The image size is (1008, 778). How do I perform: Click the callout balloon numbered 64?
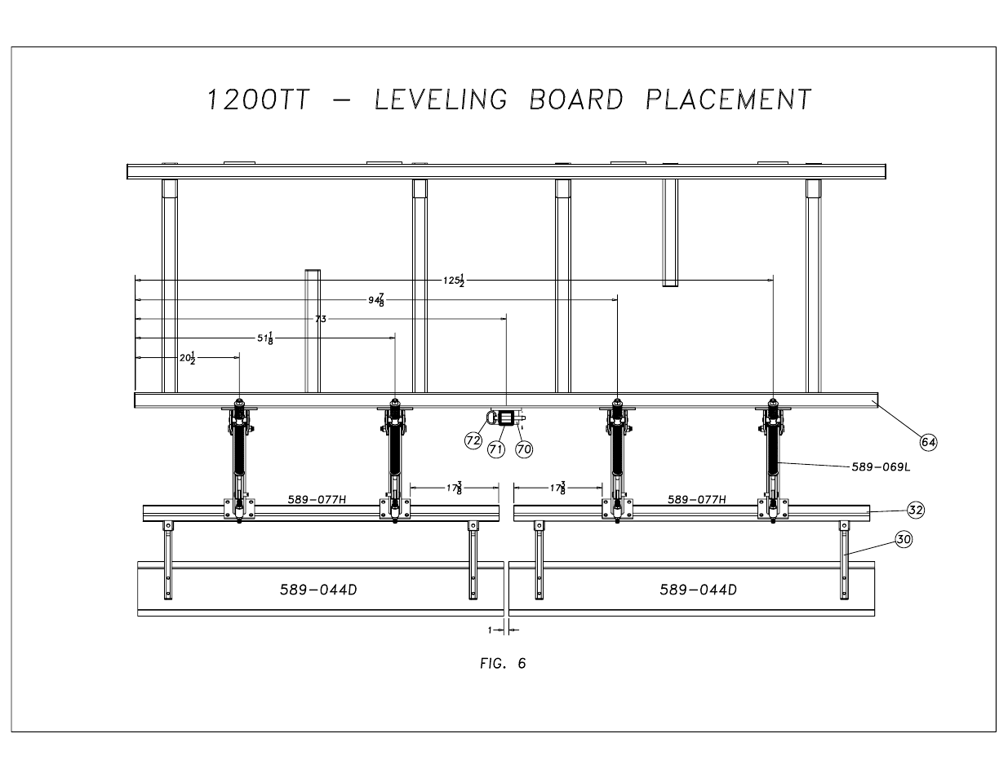coord(928,441)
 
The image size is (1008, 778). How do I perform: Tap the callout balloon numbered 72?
coord(473,440)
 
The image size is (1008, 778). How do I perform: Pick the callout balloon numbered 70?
coord(523,448)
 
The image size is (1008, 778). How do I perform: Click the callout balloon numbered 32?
coord(916,510)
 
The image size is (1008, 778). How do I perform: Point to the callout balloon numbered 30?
coord(903,539)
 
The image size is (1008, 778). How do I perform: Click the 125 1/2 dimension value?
coord(454,280)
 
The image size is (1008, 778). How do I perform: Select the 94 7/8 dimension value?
coord(376,299)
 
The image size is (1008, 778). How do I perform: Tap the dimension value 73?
coord(320,319)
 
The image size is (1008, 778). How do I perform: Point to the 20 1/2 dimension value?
coord(188,357)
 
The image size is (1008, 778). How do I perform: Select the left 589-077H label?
coord(317,499)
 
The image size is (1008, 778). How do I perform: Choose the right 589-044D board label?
coord(698,590)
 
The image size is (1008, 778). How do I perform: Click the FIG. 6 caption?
coord(503,663)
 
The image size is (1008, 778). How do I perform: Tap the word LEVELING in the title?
coord(440,99)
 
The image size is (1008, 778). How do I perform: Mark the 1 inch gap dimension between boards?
coord(491,630)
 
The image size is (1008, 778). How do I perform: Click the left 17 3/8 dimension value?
coord(454,488)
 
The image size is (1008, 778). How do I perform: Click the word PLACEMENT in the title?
coord(728,99)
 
